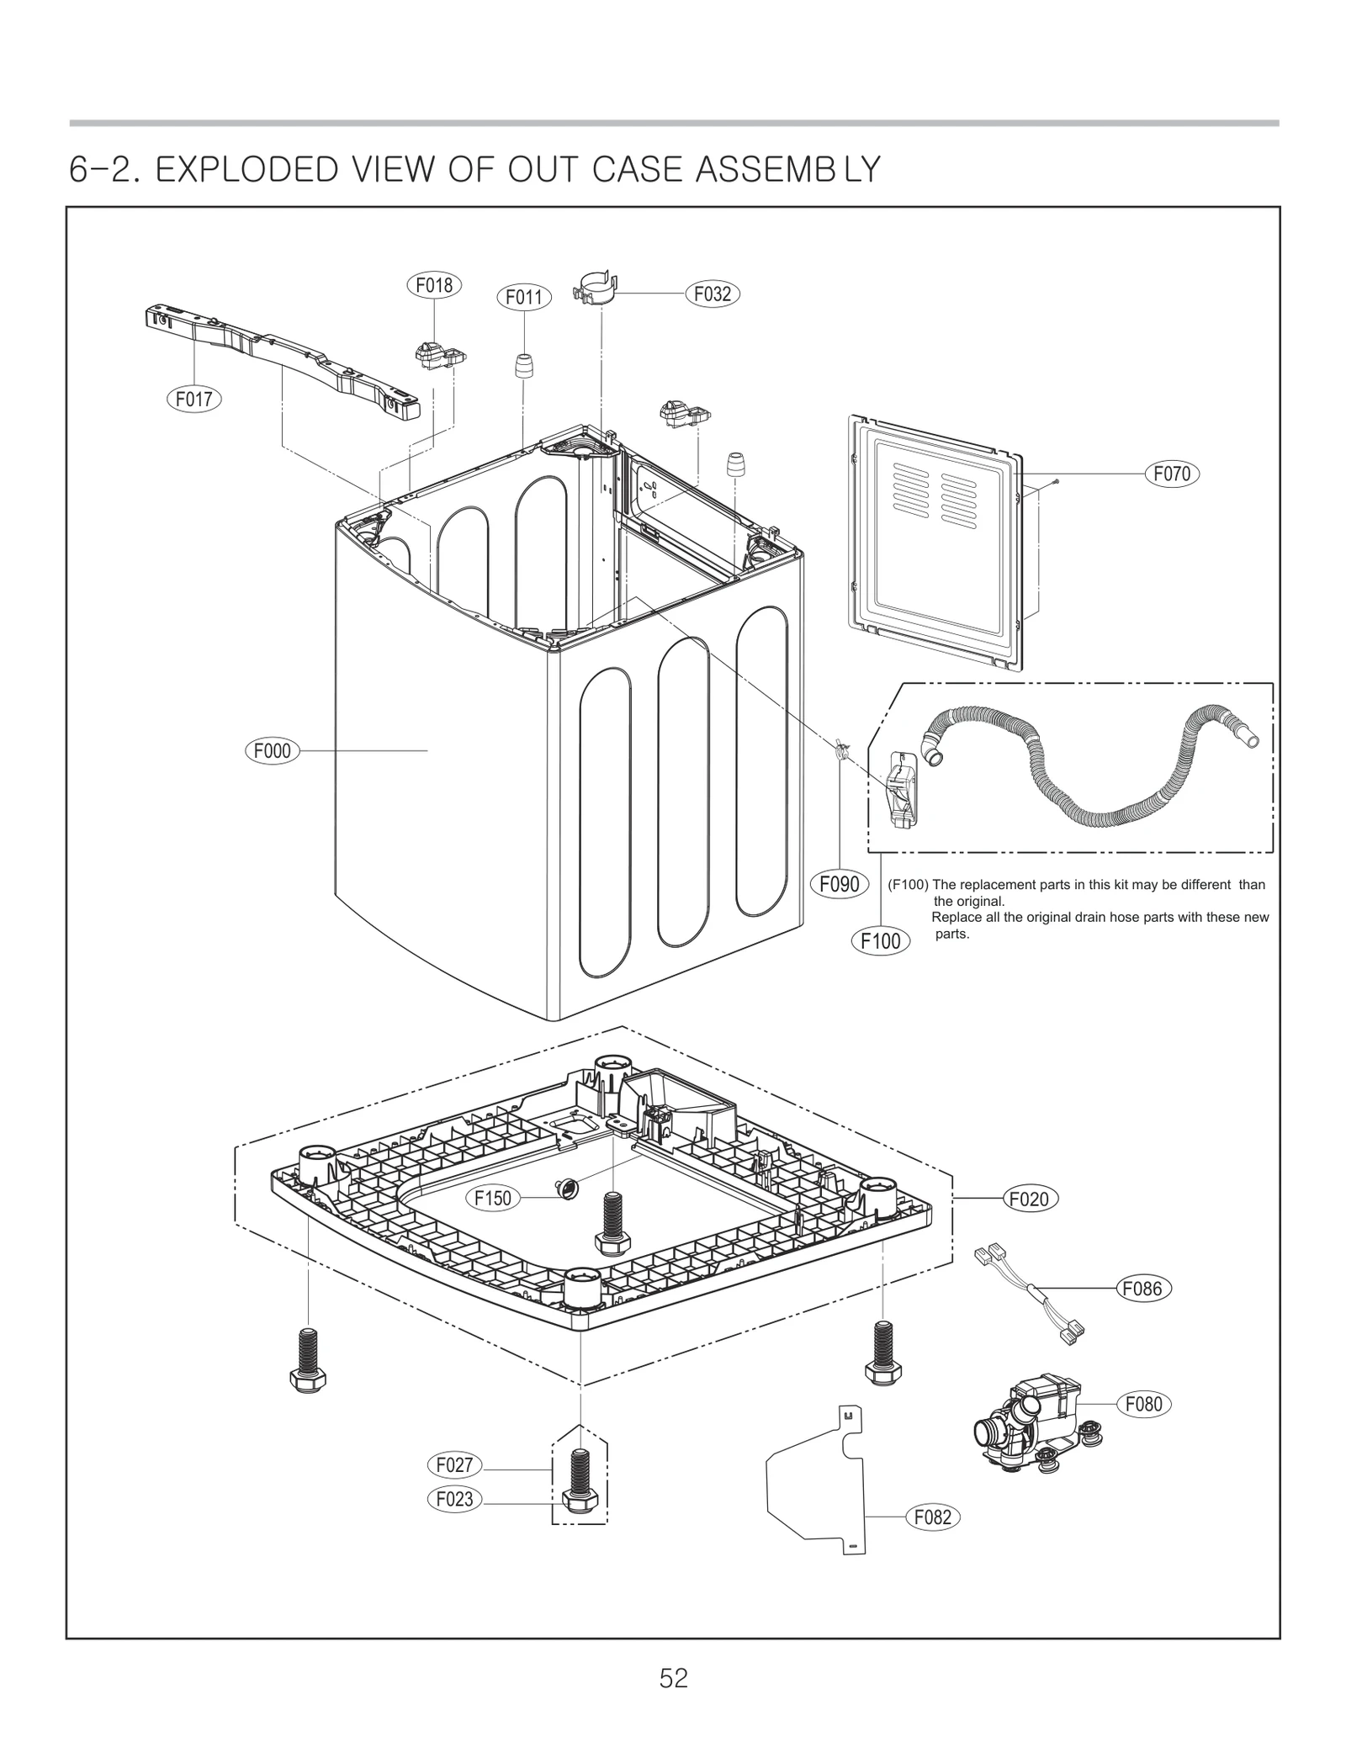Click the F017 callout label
click(193, 398)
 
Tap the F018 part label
click(434, 285)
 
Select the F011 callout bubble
click(523, 297)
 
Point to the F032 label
click(713, 294)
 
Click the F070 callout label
click(1172, 474)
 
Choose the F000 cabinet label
click(272, 750)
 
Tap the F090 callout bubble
click(839, 883)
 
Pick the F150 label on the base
click(493, 1198)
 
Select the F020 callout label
click(1030, 1198)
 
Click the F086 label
click(1143, 1288)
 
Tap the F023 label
click(454, 1498)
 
